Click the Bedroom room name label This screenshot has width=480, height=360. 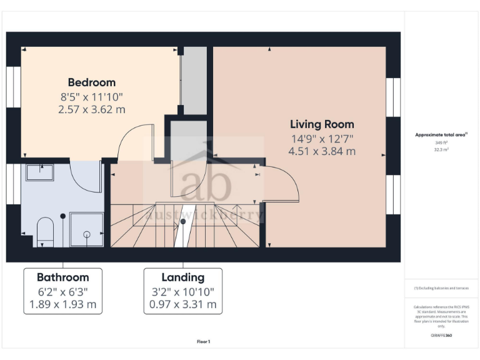tap(91, 82)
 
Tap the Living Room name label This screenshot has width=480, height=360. tap(322, 124)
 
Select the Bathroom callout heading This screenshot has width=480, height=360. tap(62, 277)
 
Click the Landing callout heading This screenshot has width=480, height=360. tap(182, 277)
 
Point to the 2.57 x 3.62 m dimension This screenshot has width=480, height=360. tap(91, 109)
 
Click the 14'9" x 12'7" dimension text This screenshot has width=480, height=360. tap(322, 138)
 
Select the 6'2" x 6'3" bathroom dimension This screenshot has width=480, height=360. tap(62, 291)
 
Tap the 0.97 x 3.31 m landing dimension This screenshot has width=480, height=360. tap(182, 305)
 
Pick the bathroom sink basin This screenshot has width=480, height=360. tap(39, 170)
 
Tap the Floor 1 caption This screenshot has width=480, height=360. tap(203, 342)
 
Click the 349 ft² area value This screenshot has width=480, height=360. tap(441, 142)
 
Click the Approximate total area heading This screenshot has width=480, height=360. tap(441, 134)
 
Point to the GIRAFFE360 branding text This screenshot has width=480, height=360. tap(441, 336)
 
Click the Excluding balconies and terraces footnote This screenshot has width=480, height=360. tap(441, 287)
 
